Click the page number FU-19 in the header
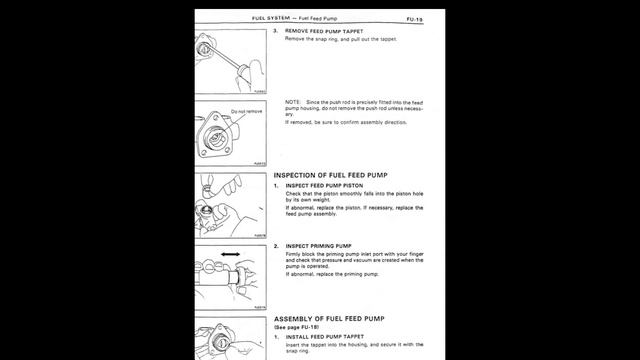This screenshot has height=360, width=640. point(413,18)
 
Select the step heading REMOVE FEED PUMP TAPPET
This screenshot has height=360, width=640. point(328,30)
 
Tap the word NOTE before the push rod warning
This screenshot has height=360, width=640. point(294,102)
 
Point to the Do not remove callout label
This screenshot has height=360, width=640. point(246,111)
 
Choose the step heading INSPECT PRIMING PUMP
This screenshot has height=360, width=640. point(318,245)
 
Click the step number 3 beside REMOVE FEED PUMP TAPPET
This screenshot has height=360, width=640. point(275,30)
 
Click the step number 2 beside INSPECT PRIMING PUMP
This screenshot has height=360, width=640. point(275,245)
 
